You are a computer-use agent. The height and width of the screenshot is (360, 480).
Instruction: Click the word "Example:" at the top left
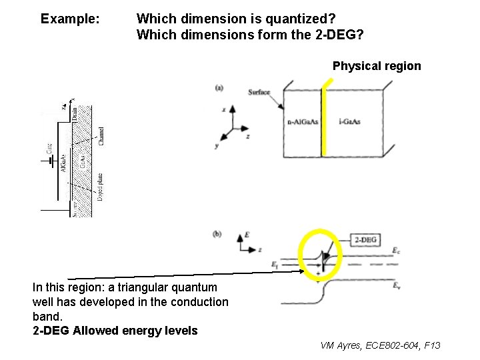tap(70, 19)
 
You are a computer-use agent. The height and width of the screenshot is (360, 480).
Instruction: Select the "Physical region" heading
tap(377, 66)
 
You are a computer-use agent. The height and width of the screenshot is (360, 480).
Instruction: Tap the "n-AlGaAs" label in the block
tap(303, 121)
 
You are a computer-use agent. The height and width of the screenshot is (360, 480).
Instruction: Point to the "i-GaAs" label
tap(349, 121)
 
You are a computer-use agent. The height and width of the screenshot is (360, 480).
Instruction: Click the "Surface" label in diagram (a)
tap(259, 92)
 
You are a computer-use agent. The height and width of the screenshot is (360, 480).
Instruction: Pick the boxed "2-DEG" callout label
tap(365, 240)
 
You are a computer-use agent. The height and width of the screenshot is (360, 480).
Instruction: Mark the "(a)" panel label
tap(219, 87)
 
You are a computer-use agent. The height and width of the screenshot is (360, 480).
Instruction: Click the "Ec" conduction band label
tap(397, 251)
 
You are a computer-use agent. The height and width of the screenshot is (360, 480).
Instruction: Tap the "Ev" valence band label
tap(397, 286)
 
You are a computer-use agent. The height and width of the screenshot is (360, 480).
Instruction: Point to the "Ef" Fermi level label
tap(275, 265)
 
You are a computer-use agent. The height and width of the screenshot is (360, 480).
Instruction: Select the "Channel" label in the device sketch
tap(101, 136)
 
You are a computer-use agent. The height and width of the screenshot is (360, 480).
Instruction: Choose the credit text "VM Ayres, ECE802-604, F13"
tap(380, 345)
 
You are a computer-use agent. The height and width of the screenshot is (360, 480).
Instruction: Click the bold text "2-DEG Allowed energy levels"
tap(115, 331)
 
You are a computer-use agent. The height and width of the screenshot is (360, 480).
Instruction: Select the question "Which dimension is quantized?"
tap(236, 19)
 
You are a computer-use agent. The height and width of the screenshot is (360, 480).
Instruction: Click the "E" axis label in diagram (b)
tap(247, 235)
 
